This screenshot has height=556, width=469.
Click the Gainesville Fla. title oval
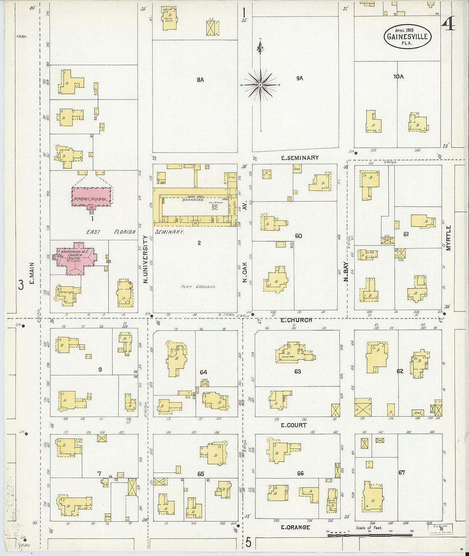407,36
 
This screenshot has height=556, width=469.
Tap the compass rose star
260,85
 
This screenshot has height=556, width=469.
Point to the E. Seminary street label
300,158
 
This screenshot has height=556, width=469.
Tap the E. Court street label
293,425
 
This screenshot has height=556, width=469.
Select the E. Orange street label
295,527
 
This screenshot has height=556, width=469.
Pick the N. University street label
145,259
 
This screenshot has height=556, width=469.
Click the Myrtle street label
448,238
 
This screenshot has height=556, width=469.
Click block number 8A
200,80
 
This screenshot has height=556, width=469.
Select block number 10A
398,77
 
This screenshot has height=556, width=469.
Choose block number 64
203,372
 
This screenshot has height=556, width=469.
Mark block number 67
401,472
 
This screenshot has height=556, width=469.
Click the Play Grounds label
198,287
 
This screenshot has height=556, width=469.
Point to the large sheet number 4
448,26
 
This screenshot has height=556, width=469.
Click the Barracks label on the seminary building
193,199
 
